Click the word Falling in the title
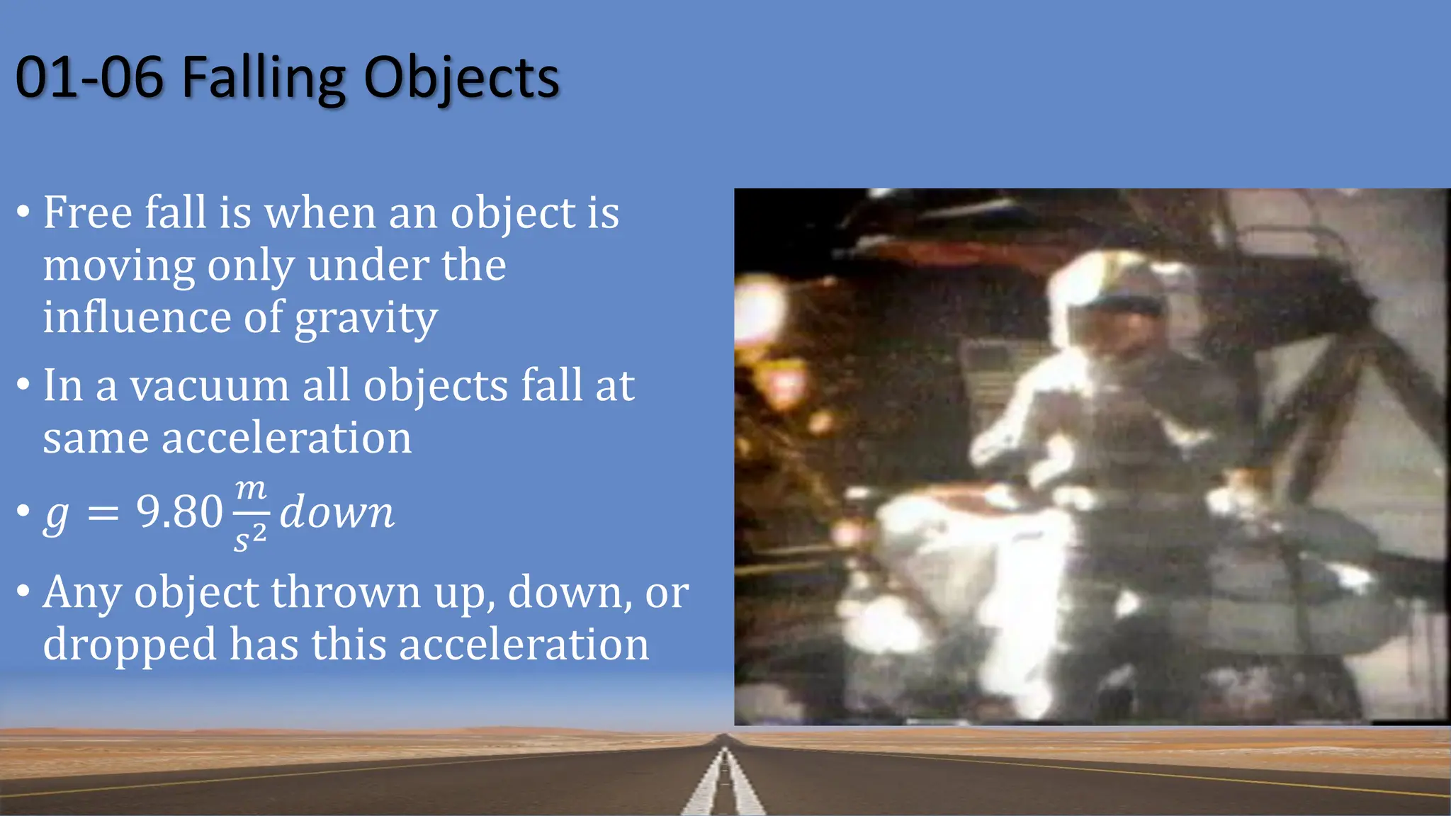click(x=263, y=78)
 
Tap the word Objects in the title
click(x=461, y=78)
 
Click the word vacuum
click(x=209, y=387)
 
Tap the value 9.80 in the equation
click(x=179, y=511)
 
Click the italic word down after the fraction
click(x=337, y=511)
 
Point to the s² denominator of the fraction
click(x=250, y=538)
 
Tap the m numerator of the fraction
click(x=251, y=489)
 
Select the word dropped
click(x=130, y=645)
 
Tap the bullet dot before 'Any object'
click(x=23, y=591)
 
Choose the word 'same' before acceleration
click(x=96, y=438)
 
